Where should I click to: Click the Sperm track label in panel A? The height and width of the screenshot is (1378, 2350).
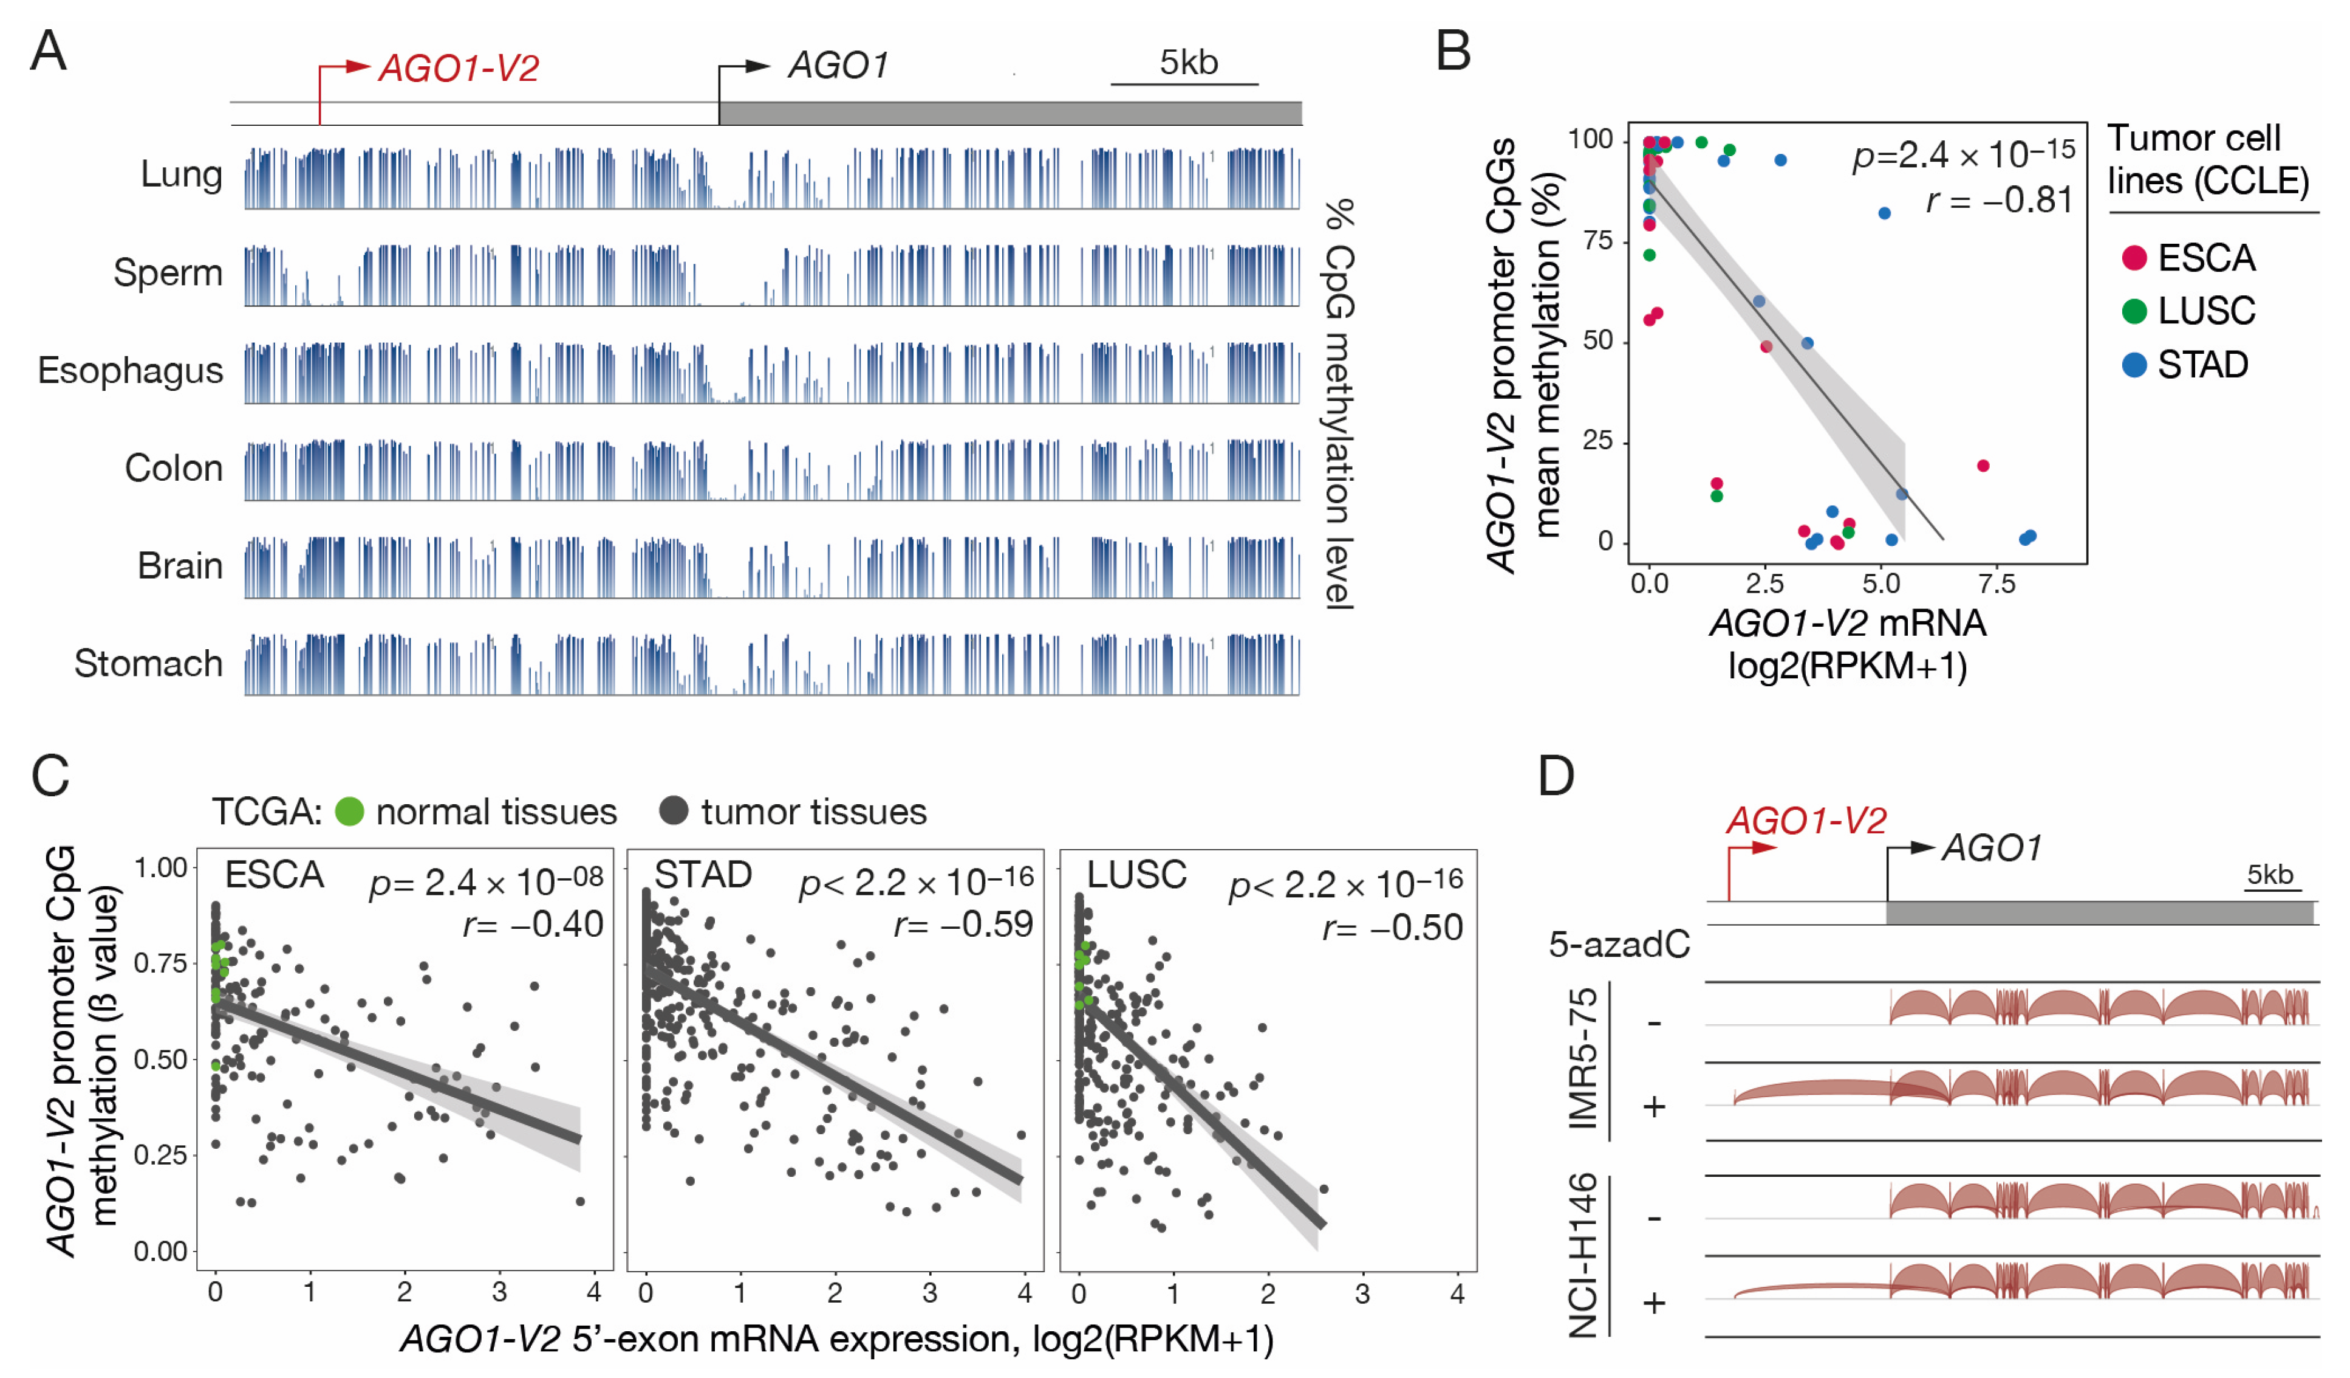168,272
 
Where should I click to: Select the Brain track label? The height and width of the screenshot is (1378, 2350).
180,565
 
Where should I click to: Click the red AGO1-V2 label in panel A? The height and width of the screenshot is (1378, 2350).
458,68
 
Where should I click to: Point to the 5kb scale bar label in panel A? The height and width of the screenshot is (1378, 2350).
1188,63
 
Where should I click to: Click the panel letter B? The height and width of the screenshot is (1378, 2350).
1453,51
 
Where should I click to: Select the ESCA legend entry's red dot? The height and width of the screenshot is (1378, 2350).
2134,258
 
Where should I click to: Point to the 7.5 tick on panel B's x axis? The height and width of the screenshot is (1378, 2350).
1996,585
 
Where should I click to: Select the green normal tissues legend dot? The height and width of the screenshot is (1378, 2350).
350,811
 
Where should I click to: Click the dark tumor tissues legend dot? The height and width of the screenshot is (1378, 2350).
673,811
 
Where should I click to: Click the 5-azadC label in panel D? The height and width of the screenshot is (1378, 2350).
1619,944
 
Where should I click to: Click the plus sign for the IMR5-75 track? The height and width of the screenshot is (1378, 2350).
1653,1106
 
